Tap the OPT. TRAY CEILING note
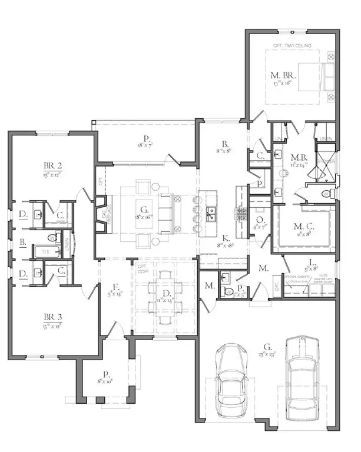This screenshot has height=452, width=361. coord(291,45)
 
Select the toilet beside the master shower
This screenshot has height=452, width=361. coord(326,194)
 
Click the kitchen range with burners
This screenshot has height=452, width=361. coord(241,212)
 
